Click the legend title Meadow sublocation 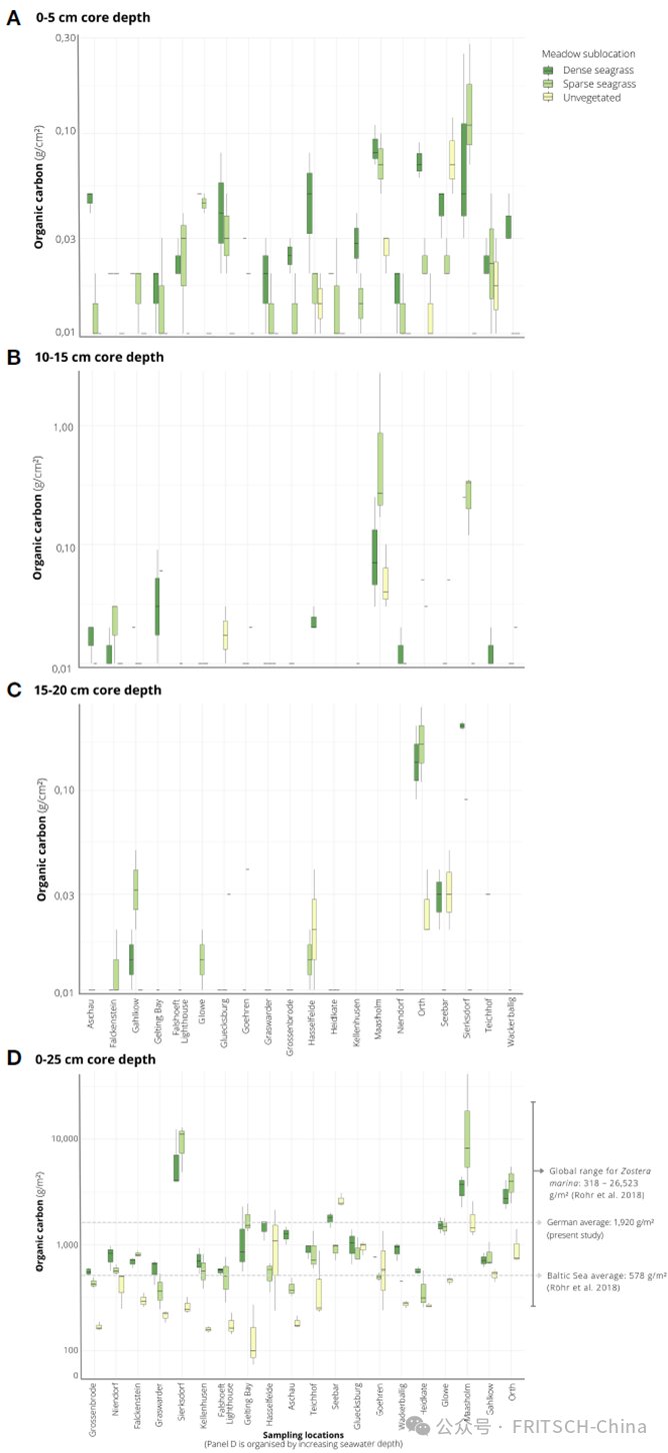coord(587,53)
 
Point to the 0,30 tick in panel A coord(66,38)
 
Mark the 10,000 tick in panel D coord(62,1138)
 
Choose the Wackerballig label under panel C coord(510,1029)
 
